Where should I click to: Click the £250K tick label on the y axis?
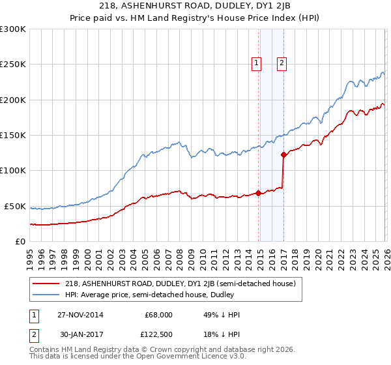pos(13,65)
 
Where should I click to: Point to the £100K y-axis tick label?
pos(13,170)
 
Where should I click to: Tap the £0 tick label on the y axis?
pos(20,241)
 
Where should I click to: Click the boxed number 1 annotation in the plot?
pos(256,63)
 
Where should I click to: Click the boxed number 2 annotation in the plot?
pos(282,63)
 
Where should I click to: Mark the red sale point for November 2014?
pos(259,193)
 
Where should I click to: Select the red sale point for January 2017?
pos(283,155)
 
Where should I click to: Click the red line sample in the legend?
pos(45,284)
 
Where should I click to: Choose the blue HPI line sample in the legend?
pos(45,295)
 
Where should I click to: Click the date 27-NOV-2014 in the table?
pos(80,315)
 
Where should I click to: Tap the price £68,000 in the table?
pos(158,315)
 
